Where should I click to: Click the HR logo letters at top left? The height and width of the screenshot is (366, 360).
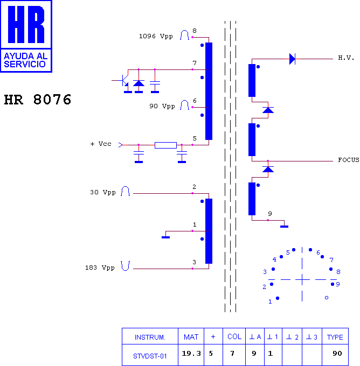click(x=26, y=25)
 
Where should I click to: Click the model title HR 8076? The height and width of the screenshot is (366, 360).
click(x=38, y=100)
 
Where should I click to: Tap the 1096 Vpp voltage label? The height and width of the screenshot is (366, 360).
click(x=156, y=37)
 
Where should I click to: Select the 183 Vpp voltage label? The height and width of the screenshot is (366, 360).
click(x=100, y=268)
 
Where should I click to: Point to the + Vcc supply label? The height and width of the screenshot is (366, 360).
click(x=101, y=144)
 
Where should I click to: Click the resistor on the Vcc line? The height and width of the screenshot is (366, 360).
click(x=165, y=145)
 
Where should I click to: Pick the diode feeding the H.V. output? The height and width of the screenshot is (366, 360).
click(x=292, y=59)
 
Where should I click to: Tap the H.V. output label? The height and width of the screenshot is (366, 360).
click(x=346, y=58)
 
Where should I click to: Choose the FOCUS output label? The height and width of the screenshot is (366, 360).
click(x=349, y=160)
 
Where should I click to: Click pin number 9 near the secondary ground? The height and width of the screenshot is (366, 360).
click(x=270, y=214)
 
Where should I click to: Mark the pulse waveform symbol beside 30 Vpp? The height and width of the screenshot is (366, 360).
click(x=125, y=191)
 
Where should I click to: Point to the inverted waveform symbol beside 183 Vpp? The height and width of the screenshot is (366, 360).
click(x=125, y=266)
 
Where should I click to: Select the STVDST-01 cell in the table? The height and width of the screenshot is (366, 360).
click(x=150, y=356)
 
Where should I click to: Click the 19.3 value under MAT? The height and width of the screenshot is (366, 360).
click(x=191, y=354)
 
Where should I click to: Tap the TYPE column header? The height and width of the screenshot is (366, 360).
click(x=335, y=337)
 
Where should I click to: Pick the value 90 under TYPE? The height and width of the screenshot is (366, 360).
click(x=337, y=354)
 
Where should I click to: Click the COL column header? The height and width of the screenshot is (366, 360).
click(x=234, y=336)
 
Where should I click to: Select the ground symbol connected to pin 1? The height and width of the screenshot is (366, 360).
click(x=166, y=237)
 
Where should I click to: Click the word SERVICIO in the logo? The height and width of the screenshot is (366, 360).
click(x=25, y=64)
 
